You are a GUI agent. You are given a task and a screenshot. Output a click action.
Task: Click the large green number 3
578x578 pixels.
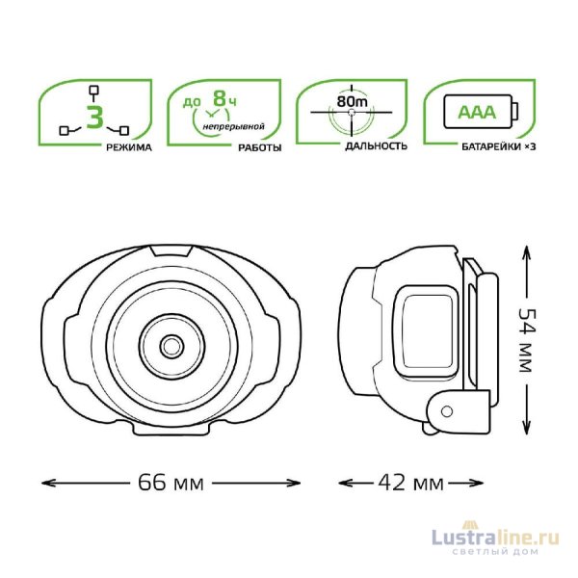point(94,117)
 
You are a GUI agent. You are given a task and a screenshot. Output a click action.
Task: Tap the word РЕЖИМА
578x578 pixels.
point(129,147)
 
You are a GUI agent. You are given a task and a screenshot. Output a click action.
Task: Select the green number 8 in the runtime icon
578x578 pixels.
point(220,98)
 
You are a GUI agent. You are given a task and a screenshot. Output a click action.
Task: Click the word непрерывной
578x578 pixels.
point(234,127)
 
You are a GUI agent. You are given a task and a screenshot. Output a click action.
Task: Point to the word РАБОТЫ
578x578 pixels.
point(260,147)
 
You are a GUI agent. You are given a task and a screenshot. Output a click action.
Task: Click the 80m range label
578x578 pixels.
point(352,101)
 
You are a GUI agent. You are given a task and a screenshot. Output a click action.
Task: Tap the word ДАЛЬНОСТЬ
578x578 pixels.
point(377,146)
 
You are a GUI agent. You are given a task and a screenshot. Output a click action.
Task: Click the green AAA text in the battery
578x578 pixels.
point(477,112)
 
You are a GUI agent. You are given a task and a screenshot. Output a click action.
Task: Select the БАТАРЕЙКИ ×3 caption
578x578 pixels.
point(499,146)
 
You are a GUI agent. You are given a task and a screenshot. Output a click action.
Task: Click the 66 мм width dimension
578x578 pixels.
point(171,483)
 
